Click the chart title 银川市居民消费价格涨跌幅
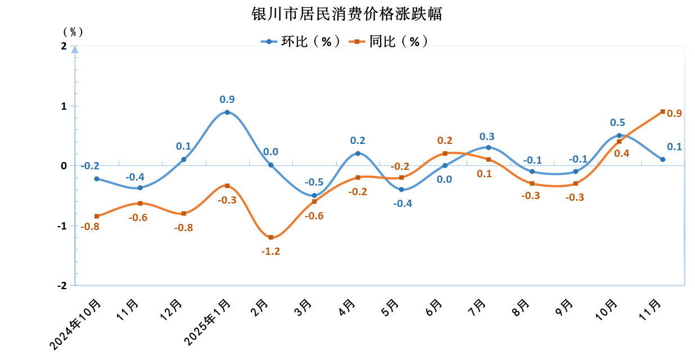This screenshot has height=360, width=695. coord(347,13)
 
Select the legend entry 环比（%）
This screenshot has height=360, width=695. coord(301,41)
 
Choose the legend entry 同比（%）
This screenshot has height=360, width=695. coord(389,41)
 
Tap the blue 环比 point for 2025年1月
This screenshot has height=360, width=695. coord(227,112)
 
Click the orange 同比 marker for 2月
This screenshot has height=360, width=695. coord(270,237)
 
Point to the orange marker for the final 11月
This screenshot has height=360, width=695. coord(662,111)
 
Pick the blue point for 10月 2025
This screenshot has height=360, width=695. coord(619,136)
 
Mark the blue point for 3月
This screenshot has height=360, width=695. coord(314,196)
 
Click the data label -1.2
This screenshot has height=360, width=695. coord(270,251)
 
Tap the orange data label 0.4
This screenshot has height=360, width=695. coord(621,153)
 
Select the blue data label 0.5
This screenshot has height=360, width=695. coord(617,123)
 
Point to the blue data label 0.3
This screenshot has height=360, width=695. coord(487,137)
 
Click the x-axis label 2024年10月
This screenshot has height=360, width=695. coord(76,325)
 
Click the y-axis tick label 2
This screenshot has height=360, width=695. coord(64,46)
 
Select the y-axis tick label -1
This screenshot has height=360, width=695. coord(62,226)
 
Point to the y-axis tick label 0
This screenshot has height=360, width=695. coord(64,166)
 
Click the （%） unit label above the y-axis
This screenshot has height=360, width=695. coord(73,32)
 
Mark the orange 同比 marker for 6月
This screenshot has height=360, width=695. coord(445,154)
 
